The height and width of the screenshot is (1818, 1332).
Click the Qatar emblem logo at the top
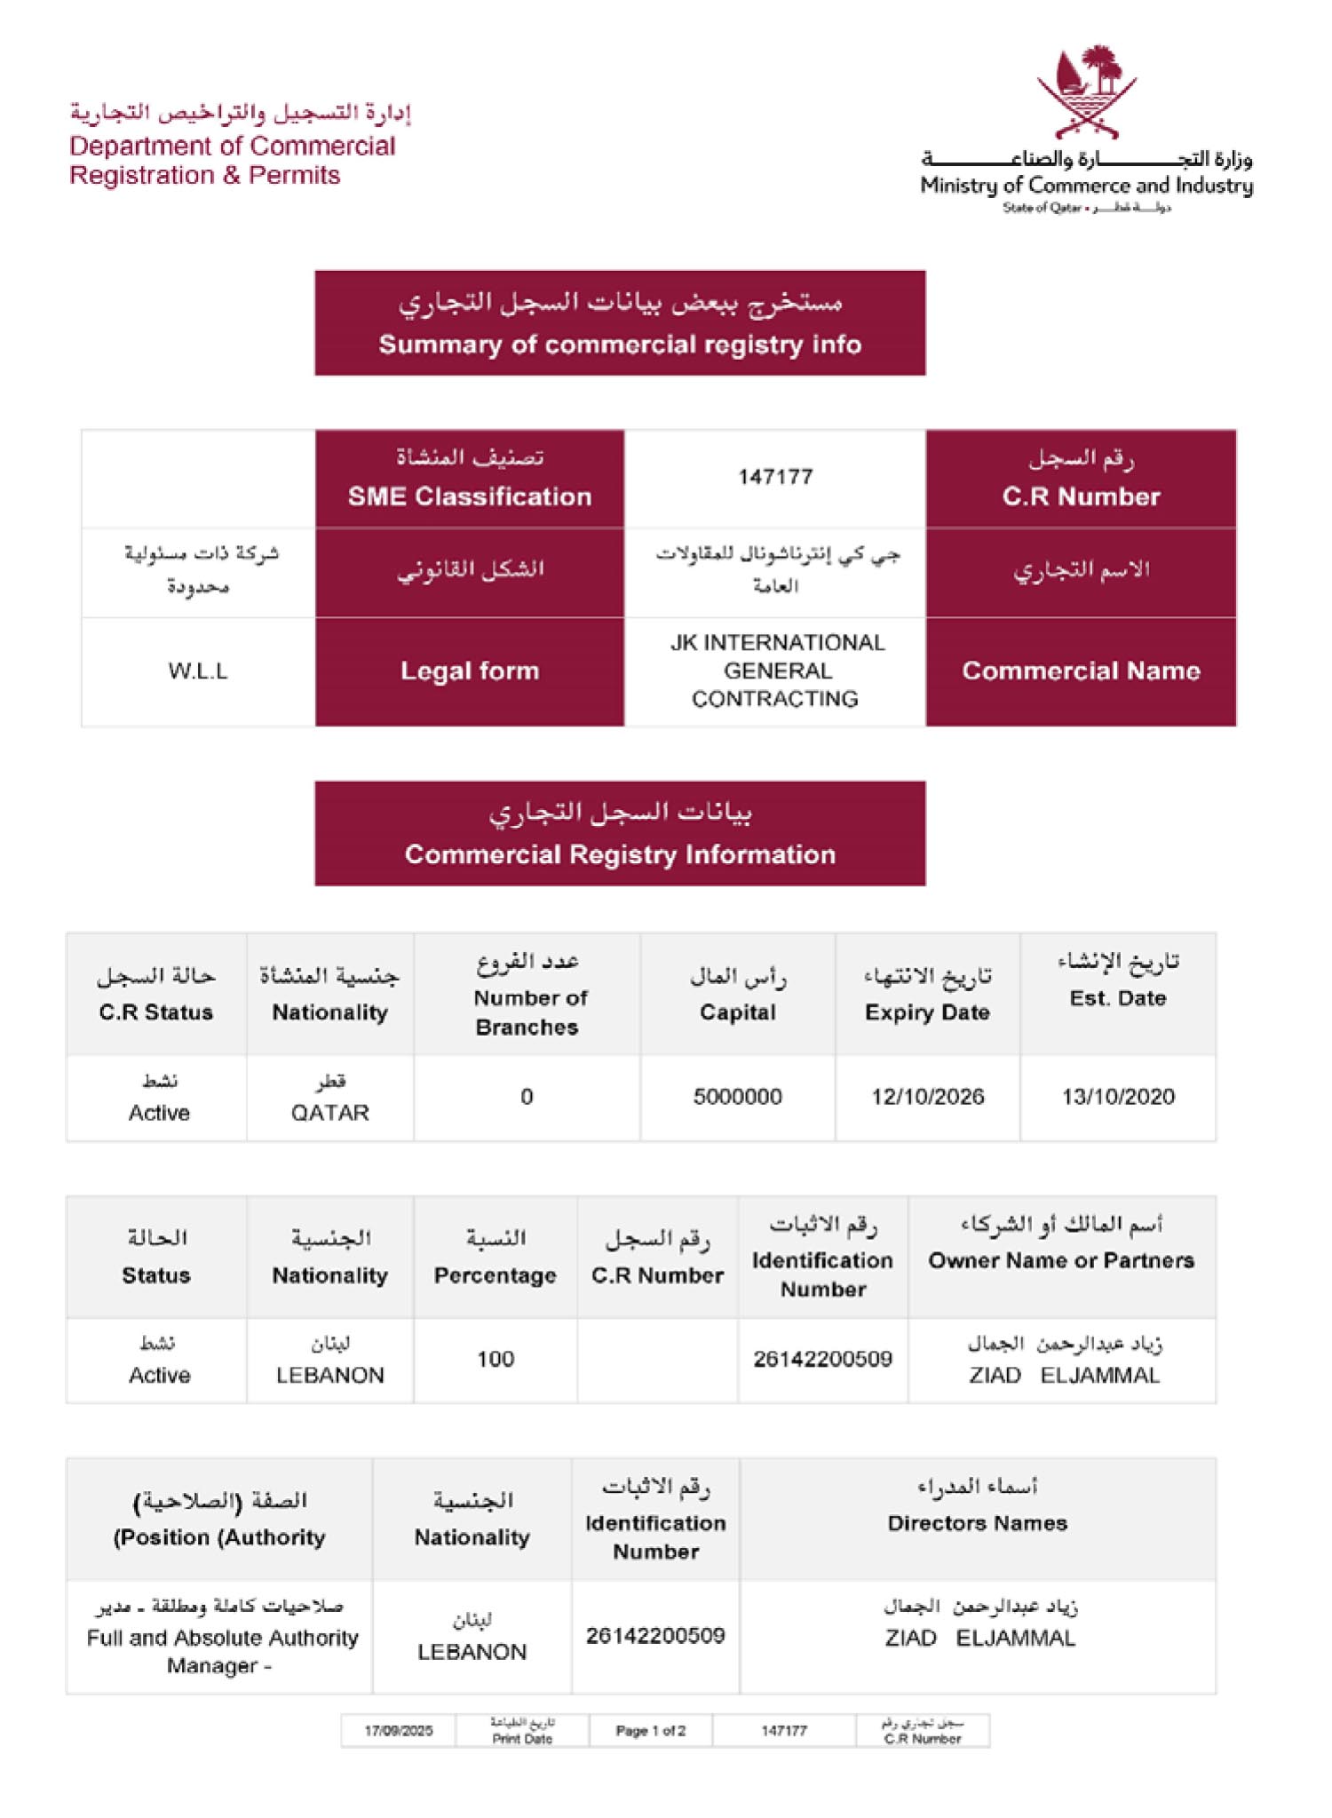tap(1086, 92)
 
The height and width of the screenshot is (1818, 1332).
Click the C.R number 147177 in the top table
tap(775, 477)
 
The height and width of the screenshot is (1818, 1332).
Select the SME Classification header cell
tap(469, 479)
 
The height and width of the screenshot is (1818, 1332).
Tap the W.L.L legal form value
tap(198, 671)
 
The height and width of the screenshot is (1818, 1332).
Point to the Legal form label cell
tap(469, 671)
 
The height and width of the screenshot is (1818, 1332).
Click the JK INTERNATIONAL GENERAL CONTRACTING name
tap(775, 671)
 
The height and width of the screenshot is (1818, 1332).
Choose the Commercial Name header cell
tap(1081, 671)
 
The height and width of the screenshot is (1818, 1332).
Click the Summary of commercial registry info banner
tap(620, 323)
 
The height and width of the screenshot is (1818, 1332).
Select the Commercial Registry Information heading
tap(620, 833)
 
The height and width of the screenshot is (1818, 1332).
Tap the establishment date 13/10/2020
tap(1118, 1097)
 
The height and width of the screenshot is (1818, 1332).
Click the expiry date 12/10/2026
tap(927, 1097)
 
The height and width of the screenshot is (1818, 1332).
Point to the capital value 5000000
tap(737, 1097)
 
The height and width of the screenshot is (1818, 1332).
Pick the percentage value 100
tap(496, 1359)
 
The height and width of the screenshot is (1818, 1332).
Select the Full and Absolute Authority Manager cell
tap(220, 1638)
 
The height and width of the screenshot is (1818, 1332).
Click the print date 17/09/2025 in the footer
tap(399, 1730)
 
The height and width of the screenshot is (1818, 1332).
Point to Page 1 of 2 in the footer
tap(651, 1730)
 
